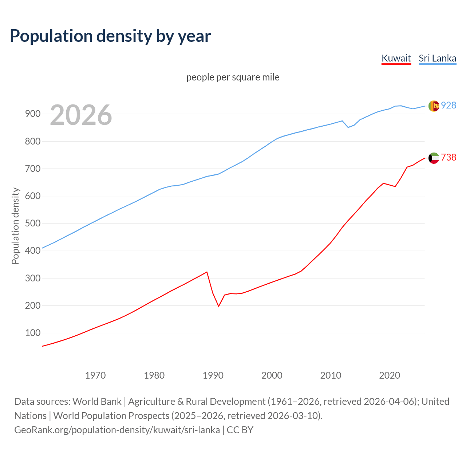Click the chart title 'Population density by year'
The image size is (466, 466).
[110, 36]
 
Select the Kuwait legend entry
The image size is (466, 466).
[396, 58]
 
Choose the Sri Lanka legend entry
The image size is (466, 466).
[437, 58]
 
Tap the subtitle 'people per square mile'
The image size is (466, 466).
[233, 77]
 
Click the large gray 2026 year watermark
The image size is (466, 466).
[81, 115]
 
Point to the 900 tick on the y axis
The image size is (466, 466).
[32, 114]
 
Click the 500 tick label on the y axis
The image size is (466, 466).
[32, 223]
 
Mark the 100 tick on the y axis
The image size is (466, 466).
[32, 333]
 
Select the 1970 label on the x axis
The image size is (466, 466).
[95, 375]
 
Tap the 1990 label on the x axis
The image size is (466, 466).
[213, 375]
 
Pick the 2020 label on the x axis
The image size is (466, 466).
[390, 375]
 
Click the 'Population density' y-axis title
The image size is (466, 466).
[15, 226]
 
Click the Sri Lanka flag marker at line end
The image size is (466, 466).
[434, 106]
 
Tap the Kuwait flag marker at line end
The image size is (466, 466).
[434, 158]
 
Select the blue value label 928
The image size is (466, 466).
[449, 105]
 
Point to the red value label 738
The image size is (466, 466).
[449, 157]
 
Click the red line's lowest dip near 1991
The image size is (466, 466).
[219, 306]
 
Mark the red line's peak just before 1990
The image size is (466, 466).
[207, 272]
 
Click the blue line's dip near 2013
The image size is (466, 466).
[348, 127]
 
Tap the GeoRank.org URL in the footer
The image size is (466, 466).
[117, 430]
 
